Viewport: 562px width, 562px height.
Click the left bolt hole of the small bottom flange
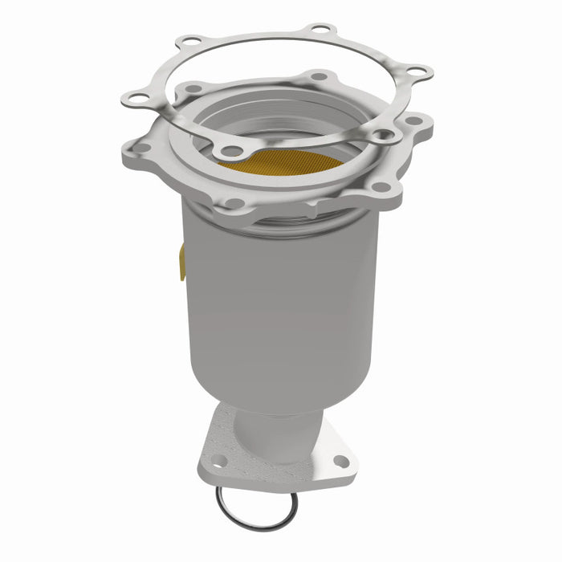[218, 460]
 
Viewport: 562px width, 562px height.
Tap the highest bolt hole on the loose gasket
[321, 29]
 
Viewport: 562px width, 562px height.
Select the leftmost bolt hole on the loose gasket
[133, 98]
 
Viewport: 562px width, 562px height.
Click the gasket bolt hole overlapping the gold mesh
[232, 149]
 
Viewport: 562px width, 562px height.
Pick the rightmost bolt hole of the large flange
[415, 120]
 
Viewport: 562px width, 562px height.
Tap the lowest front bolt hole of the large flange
[233, 204]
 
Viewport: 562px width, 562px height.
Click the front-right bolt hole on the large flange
[380, 187]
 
